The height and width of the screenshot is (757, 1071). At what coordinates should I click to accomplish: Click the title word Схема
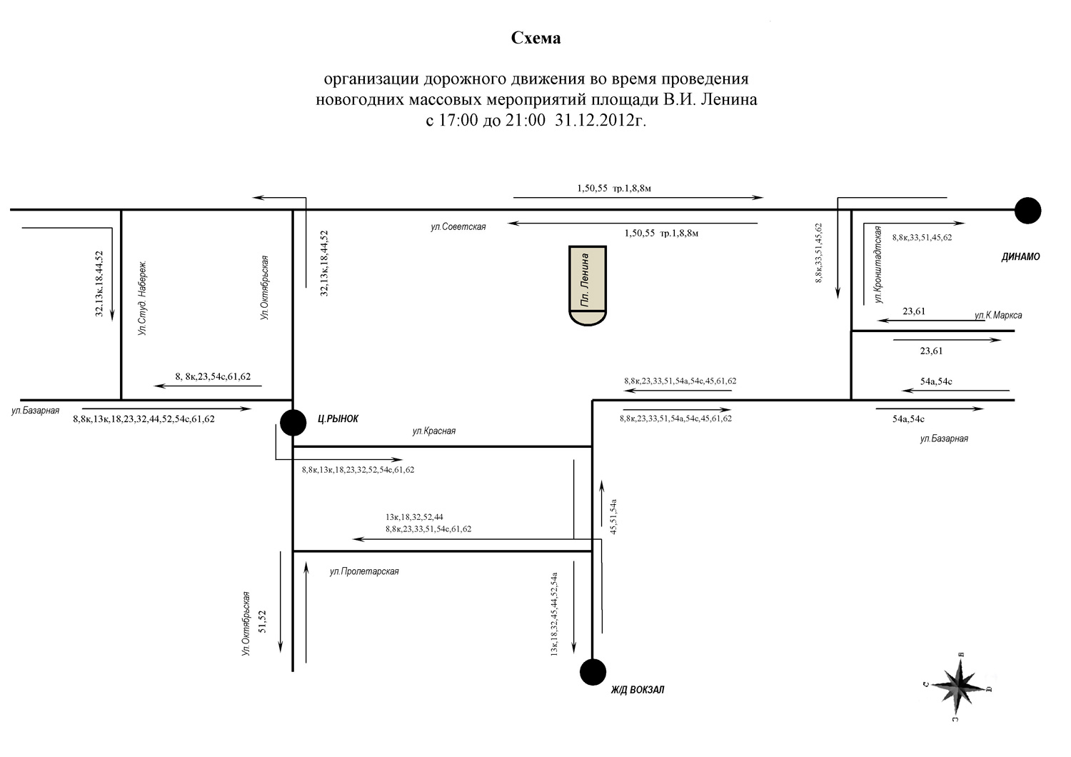pos(535,38)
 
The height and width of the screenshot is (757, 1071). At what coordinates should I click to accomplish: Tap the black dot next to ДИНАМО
pos(1027,211)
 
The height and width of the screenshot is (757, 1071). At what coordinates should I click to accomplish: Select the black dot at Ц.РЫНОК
pos(293,422)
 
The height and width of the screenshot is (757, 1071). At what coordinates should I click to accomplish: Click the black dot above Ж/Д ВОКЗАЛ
pos(593,672)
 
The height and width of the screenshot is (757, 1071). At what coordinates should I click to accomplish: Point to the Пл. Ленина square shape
pos(588,286)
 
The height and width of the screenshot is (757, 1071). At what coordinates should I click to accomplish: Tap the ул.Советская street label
pos(458,226)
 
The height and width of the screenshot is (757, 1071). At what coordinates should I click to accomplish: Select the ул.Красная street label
pos(434,431)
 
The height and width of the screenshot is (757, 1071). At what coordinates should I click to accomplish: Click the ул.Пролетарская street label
pos(364,571)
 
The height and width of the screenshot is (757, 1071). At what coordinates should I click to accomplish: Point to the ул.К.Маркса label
pos(998,315)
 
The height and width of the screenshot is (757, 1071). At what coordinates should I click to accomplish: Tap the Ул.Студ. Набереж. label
pos(142,298)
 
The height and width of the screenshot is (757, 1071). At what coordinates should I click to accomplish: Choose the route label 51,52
pos(262,621)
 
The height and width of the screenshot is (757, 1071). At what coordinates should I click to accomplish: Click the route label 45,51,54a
pos(613,516)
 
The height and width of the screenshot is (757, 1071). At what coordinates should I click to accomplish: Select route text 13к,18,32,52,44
pos(414,517)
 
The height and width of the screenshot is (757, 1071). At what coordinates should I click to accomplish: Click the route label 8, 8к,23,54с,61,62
pos(213,376)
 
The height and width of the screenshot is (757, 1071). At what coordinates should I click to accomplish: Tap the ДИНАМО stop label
pos(1021,257)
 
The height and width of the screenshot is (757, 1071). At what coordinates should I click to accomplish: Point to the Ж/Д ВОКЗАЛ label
pos(638,690)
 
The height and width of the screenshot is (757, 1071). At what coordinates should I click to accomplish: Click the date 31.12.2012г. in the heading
pos(600,120)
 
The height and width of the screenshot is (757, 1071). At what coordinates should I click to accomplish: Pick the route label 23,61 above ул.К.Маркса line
pos(914,311)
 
